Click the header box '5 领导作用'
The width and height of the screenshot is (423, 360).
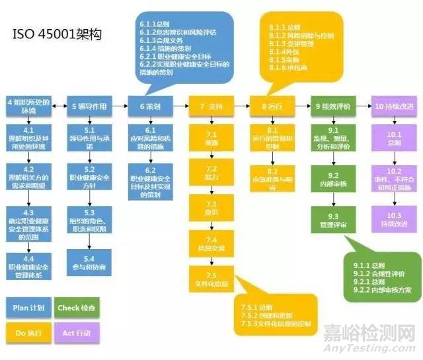pos(89,105)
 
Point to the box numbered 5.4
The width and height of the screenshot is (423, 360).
pos(89,263)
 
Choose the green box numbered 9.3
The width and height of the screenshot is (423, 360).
pos(334,221)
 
